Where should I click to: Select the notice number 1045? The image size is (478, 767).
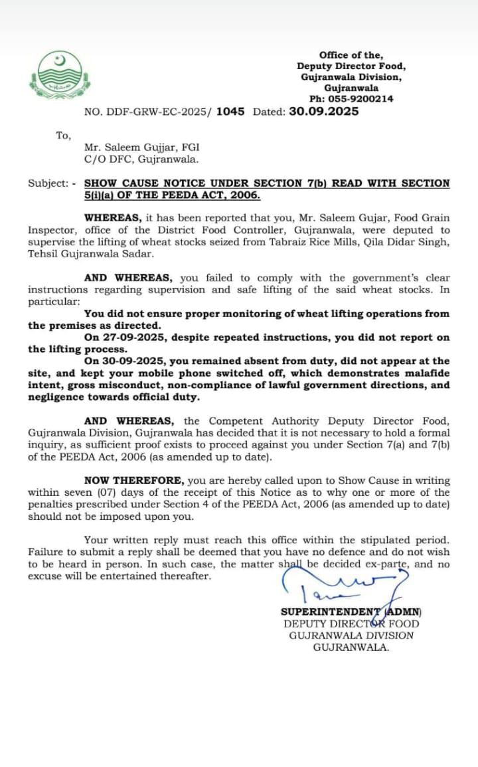tap(230, 112)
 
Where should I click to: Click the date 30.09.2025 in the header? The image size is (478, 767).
tap(324, 112)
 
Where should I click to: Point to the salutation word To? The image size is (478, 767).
tap(63, 136)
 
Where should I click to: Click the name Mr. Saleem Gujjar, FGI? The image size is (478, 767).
tap(141, 148)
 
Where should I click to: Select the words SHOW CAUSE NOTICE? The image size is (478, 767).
tap(145, 183)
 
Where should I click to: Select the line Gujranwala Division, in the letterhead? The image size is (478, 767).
tap(351, 77)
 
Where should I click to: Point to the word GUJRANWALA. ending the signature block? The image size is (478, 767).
tap(351, 647)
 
